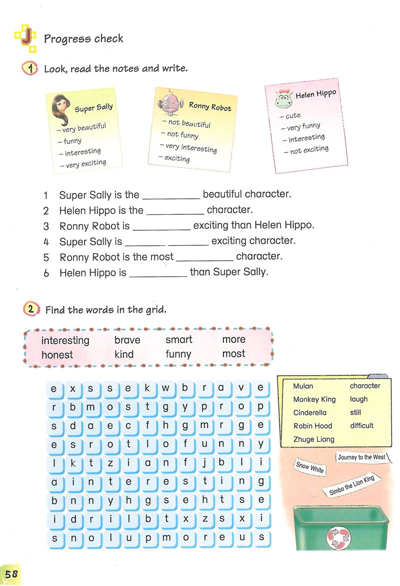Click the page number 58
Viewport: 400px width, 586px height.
tap(11, 574)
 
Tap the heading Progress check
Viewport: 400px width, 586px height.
tap(83, 38)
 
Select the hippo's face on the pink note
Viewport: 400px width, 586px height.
tap(283, 99)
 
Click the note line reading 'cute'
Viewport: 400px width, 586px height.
tap(292, 115)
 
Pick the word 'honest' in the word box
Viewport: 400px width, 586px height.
tap(57, 355)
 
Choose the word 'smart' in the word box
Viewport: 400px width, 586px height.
tap(178, 340)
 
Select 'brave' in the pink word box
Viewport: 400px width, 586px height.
tap(127, 340)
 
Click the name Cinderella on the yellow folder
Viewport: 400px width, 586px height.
tap(309, 413)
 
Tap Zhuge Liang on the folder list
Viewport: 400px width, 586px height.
tap(313, 439)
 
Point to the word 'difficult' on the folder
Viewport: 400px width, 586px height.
tap(361, 426)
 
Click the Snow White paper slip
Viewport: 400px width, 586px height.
tap(310, 467)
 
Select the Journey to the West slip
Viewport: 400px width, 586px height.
tap(361, 458)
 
